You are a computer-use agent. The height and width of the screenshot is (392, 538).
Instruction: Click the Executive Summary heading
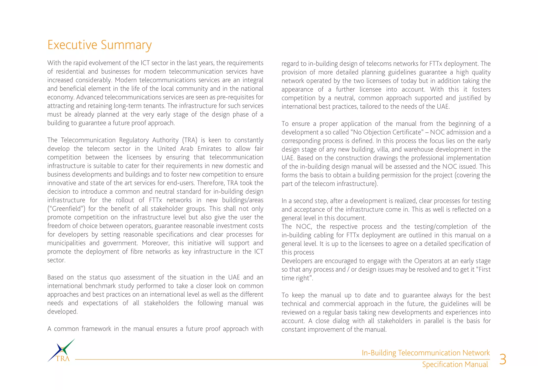(99, 45)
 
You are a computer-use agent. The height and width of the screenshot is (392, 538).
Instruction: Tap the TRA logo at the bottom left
(61, 351)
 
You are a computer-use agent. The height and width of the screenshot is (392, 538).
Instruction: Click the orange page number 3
(503, 359)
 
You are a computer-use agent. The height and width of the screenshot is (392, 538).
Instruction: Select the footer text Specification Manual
(455, 365)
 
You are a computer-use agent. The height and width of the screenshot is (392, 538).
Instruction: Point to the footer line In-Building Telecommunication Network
(426, 353)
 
